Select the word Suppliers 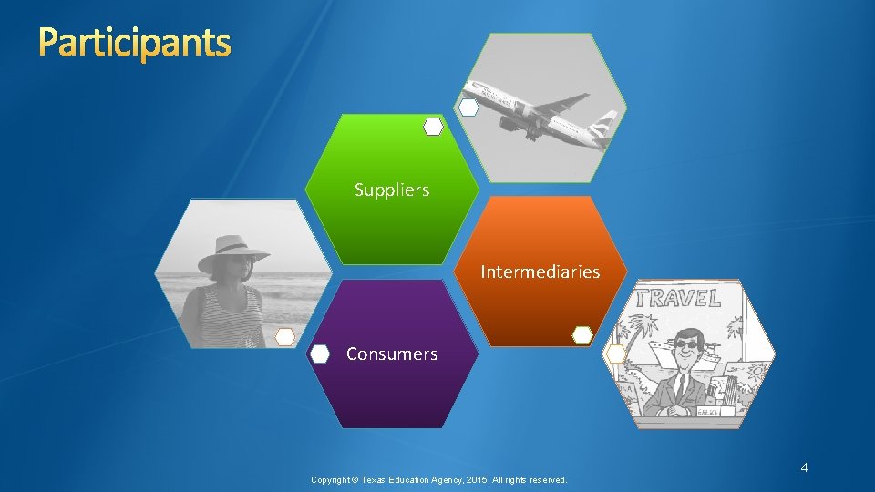[392, 190]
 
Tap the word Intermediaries [540, 272]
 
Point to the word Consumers [392, 354]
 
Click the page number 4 [804, 467]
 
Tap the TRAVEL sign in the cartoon [680, 298]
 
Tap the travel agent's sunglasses [685, 345]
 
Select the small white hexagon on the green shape [434, 128]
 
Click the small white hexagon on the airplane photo [468, 108]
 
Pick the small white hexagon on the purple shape [320, 354]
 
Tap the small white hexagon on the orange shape [582, 335]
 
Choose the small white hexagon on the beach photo [285, 336]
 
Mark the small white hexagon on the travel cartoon [616, 354]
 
